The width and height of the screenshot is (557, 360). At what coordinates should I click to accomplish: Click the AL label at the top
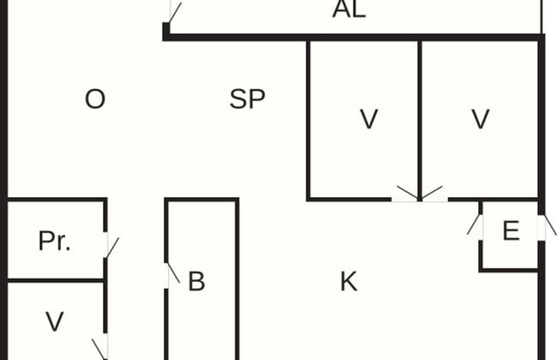click(x=349, y=10)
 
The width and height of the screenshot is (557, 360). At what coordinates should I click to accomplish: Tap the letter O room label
click(x=95, y=99)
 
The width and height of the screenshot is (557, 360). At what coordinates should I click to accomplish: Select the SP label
click(x=247, y=99)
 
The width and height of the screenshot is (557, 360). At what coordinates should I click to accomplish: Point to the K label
click(x=348, y=281)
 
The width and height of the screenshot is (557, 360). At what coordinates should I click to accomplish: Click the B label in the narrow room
click(x=196, y=281)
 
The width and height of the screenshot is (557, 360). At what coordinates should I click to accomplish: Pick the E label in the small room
click(x=511, y=231)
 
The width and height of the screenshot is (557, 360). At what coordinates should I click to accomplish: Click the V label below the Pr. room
click(x=54, y=322)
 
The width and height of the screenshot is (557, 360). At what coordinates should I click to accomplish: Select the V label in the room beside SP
click(x=368, y=120)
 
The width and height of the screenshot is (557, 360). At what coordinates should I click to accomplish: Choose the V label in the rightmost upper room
click(x=481, y=120)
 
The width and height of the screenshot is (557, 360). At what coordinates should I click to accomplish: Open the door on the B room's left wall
click(x=169, y=274)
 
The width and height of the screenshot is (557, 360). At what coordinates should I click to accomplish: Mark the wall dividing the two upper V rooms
click(x=420, y=111)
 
